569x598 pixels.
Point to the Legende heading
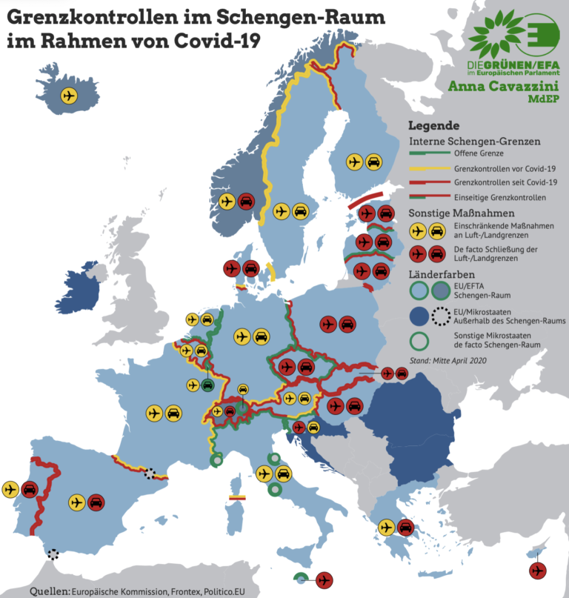click(x=433, y=126)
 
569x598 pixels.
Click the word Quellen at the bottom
click(x=49, y=591)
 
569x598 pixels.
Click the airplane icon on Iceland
click(x=69, y=96)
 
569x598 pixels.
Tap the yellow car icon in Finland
click(x=373, y=161)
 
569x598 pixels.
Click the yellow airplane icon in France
click(x=154, y=413)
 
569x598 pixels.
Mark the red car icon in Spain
click(x=96, y=502)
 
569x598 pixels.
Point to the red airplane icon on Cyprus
click(x=537, y=571)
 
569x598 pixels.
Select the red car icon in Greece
click(x=405, y=528)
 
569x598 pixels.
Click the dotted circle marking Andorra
click(x=150, y=474)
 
